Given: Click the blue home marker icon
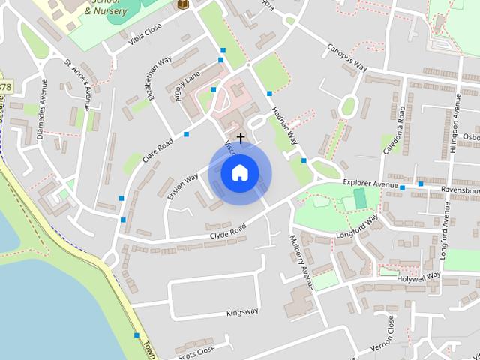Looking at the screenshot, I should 239,173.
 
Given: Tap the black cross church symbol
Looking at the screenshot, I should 241,138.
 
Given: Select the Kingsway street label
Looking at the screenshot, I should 242,311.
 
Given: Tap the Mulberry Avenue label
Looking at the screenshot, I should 301,262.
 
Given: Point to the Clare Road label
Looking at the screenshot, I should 159,150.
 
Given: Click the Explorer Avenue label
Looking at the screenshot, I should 370,183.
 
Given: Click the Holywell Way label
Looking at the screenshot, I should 419,276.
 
